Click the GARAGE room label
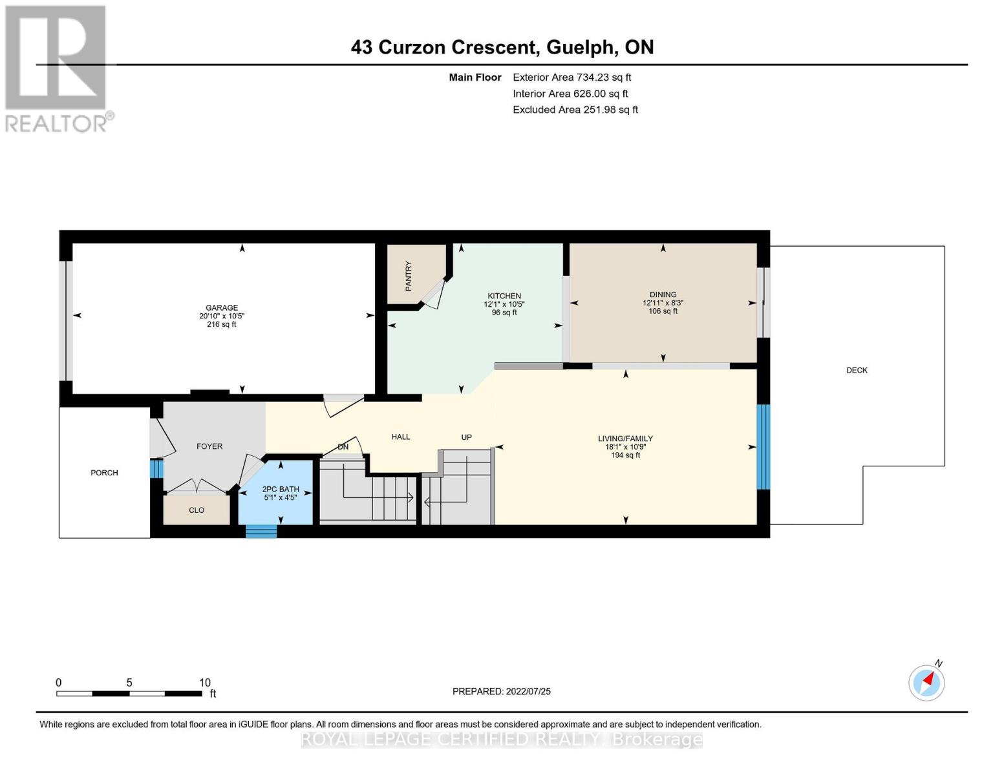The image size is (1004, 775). pyautogui.click(x=222, y=307)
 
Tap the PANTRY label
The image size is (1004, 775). pyautogui.click(x=409, y=276)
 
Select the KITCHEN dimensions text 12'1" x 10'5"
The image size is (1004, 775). pyautogui.click(x=504, y=304)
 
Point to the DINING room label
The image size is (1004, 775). pyautogui.click(x=663, y=294)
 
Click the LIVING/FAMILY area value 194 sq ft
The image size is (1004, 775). pyautogui.click(x=625, y=455)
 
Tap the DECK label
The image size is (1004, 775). pyautogui.click(x=857, y=370)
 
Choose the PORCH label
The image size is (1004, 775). pyautogui.click(x=104, y=473)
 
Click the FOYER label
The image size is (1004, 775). pyautogui.click(x=209, y=446)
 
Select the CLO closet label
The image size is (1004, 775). pyautogui.click(x=197, y=510)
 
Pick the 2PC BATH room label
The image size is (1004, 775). pyautogui.click(x=281, y=490)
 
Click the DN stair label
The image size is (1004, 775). pyautogui.click(x=343, y=447)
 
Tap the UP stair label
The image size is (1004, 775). pyautogui.click(x=466, y=437)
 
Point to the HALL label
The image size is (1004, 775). pyautogui.click(x=401, y=437)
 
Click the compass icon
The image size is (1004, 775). pyautogui.click(x=926, y=683)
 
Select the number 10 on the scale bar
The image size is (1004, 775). pyautogui.click(x=205, y=683)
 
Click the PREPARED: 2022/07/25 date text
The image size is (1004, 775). pyautogui.click(x=502, y=691)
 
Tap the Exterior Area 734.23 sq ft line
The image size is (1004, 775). pyautogui.click(x=571, y=77)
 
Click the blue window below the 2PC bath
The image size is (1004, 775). pyautogui.click(x=261, y=532)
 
